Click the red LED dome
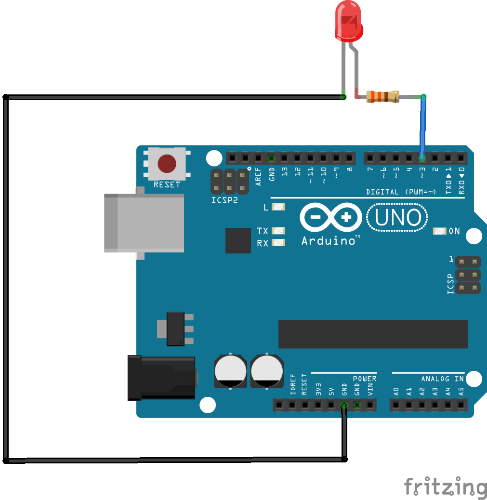pyautogui.click(x=349, y=21)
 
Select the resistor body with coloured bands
pyautogui.click(x=382, y=97)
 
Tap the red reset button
pyautogui.click(x=167, y=164)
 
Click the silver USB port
pyautogui.click(x=144, y=223)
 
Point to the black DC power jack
pyautogui.click(x=161, y=378)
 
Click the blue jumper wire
pyautogui.click(x=423, y=127)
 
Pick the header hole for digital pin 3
pyautogui.click(x=422, y=158)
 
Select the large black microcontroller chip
pyautogui.click(x=373, y=334)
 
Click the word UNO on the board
pyautogui.click(x=398, y=217)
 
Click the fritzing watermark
pyautogui.click(x=446, y=487)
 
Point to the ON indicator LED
pyautogui.click(x=439, y=231)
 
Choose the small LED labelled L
pyautogui.click(x=278, y=207)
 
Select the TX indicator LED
pyautogui.click(x=278, y=231)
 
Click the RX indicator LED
pyautogui.click(x=278, y=243)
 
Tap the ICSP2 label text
pyautogui.click(x=224, y=200)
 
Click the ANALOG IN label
pyautogui.click(x=442, y=379)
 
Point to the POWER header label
pyautogui.click(x=365, y=379)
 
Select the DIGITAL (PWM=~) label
pyautogui.click(x=401, y=192)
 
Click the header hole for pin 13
pyautogui.click(x=284, y=158)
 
